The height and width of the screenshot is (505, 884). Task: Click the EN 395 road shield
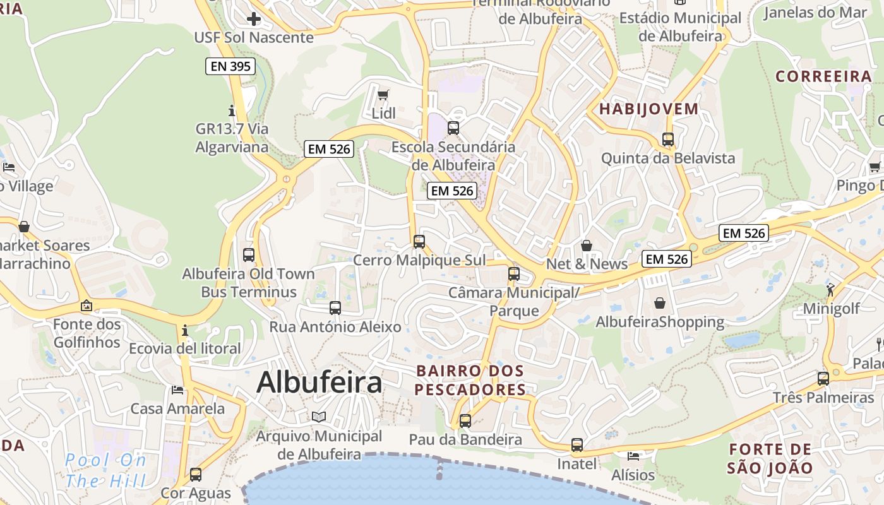coord(230,66)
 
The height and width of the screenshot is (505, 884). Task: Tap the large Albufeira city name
coord(320,383)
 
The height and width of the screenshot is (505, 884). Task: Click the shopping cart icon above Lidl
coord(383,95)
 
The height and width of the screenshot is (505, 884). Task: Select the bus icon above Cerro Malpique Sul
coord(419,242)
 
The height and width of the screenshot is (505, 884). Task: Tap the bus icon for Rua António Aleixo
coord(335,308)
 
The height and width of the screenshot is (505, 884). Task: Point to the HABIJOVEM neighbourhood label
coord(648,109)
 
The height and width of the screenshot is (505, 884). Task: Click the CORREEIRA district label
coord(823,76)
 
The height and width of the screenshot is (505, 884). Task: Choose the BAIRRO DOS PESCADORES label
coord(470,380)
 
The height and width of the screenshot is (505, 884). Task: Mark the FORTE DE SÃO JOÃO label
coord(770,459)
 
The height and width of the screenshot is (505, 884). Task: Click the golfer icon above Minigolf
coord(830,290)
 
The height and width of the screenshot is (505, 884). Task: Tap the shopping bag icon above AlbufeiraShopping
coord(660,304)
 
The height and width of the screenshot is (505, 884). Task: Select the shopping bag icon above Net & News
coord(587,246)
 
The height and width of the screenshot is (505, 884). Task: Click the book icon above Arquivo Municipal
coord(319,417)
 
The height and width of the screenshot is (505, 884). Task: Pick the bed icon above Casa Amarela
coord(177,390)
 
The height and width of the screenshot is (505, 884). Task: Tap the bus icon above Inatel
coord(577,445)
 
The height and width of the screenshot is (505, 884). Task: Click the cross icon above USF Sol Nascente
coord(254,19)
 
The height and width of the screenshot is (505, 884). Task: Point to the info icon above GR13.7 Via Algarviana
coord(232,110)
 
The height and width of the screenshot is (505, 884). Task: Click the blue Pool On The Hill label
coord(105,470)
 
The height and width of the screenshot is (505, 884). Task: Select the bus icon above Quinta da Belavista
coord(668,140)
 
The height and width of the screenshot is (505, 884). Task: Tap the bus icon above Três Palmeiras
coord(823,379)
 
